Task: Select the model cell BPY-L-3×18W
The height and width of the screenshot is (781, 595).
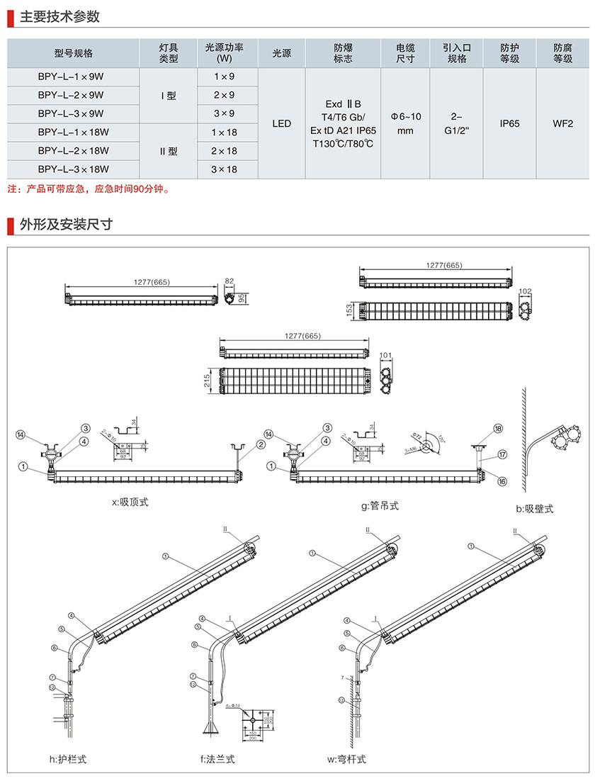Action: tap(73, 169)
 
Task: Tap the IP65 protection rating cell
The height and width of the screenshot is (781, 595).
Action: tap(509, 123)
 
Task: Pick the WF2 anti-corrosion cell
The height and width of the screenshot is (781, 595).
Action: tap(563, 123)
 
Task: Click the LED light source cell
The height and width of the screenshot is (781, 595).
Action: tap(281, 123)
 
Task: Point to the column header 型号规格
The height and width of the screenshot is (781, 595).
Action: tap(73, 53)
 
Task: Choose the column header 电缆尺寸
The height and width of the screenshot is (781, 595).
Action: tap(405, 53)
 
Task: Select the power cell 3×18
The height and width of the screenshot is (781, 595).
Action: tap(224, 169)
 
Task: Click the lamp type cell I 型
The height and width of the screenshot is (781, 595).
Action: tap(169, 95)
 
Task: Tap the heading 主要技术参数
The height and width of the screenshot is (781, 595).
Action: tap(59, 17)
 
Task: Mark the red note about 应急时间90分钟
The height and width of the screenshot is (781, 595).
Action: tap(89, 189)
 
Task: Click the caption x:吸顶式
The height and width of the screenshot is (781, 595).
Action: tap(130, 502)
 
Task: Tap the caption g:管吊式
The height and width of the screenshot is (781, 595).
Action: tap(379, 506)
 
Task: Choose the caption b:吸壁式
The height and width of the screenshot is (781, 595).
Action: tap(535, 509)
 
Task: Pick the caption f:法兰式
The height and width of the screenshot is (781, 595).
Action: tap(217, 759)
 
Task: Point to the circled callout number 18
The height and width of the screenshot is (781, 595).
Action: tap(497, 429)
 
